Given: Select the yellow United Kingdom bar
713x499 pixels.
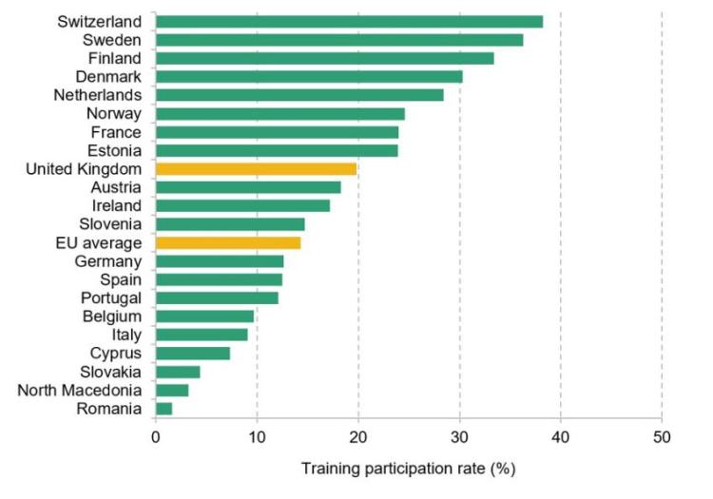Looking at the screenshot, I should coord(256,169).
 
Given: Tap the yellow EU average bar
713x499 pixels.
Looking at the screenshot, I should coord(228,242).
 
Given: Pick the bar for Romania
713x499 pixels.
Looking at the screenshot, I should coord(164,409).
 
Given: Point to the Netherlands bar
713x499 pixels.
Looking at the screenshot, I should coord(299,95).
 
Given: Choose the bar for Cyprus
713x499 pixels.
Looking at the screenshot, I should coord(192,354).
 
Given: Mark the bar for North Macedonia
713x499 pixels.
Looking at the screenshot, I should coord(172,391).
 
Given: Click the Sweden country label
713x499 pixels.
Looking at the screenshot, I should coord(112,40).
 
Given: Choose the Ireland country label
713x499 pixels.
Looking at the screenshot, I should coord(117,205).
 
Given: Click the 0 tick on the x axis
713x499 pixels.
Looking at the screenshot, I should coord(155,438).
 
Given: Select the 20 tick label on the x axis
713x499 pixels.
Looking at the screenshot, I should coord(358,438).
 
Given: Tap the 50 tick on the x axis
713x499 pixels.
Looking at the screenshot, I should coord(662,438).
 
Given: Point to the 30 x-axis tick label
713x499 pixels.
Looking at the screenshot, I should coord(459,438).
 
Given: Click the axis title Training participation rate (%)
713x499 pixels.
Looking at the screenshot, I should coord(408,469).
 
